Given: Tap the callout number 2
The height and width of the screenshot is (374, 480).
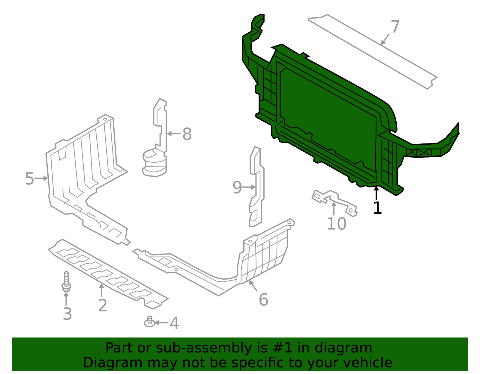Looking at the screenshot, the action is (103, 305).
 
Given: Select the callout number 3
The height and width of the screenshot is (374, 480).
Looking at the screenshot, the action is (67, 314).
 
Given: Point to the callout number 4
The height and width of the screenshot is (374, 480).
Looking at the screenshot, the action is (175, 323).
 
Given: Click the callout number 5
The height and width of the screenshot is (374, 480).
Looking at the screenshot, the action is (30, 178).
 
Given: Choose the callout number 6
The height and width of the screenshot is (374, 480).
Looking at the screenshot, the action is (263, 300).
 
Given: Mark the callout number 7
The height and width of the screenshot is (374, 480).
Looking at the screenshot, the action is (395, 26).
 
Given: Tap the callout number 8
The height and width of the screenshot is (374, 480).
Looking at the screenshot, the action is (187, 134).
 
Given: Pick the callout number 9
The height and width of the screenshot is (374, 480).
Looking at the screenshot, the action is (237, 187).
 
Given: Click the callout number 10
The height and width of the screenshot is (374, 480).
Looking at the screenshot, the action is (336, 224).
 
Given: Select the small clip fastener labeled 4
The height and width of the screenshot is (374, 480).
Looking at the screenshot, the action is (149, 322).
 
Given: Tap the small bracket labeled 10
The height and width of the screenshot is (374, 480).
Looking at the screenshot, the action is (335, 203).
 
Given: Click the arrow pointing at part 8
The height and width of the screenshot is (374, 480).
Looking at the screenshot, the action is (174, 134).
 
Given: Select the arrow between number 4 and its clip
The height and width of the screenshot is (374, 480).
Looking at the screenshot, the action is (161, 323).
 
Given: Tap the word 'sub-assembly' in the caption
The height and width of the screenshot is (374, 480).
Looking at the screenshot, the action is (204, 348).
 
